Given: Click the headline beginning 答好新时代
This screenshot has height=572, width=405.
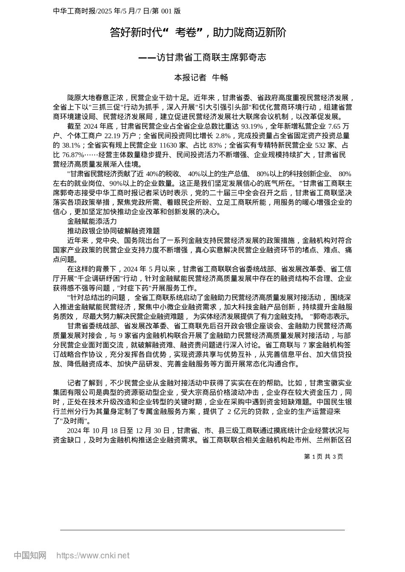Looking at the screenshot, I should (x=198, y=33).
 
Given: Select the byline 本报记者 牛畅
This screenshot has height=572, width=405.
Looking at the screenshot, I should (x=201, y=77).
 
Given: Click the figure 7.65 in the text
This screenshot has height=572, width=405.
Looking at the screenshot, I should (x=334, y=126).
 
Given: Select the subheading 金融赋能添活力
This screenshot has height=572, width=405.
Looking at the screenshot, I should (x=92, y=222).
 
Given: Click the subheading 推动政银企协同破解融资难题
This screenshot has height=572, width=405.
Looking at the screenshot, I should (x=113, y=231).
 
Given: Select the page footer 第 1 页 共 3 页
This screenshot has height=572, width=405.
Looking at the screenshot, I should (x=323, y=457).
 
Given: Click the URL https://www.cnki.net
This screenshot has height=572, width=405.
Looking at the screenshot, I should (x=93, y=555).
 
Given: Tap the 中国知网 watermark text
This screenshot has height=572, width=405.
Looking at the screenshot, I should (x=30, y=555).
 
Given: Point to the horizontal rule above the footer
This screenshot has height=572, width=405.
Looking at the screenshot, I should (x=202, y=530).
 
